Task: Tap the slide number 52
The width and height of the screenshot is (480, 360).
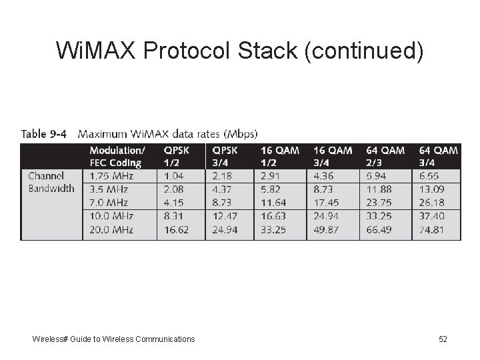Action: (443, 339)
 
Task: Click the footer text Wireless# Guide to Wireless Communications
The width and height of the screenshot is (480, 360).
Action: (114, 339)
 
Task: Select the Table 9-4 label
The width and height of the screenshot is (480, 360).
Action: (44, 134)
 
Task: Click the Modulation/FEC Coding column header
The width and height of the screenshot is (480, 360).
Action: (116, 157)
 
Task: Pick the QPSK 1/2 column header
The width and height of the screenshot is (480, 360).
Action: (177, 157)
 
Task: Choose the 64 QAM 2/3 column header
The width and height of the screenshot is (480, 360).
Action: (385, 157)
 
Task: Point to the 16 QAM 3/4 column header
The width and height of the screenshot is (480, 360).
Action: (333, 157)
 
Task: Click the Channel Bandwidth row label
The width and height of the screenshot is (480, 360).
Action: (51, 182)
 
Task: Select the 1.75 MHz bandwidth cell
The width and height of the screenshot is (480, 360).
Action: (111, 176)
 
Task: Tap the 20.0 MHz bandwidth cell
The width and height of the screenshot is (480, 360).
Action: (111, 230)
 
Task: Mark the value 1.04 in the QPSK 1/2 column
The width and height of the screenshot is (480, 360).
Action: (175, 176)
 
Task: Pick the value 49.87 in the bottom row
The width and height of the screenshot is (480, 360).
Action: (325, 230)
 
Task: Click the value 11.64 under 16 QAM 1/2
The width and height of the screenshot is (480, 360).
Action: (273, 203)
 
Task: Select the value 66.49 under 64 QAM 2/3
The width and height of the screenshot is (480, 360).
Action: (379, 230)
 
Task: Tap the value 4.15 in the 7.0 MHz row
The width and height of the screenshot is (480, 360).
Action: (175, 203)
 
